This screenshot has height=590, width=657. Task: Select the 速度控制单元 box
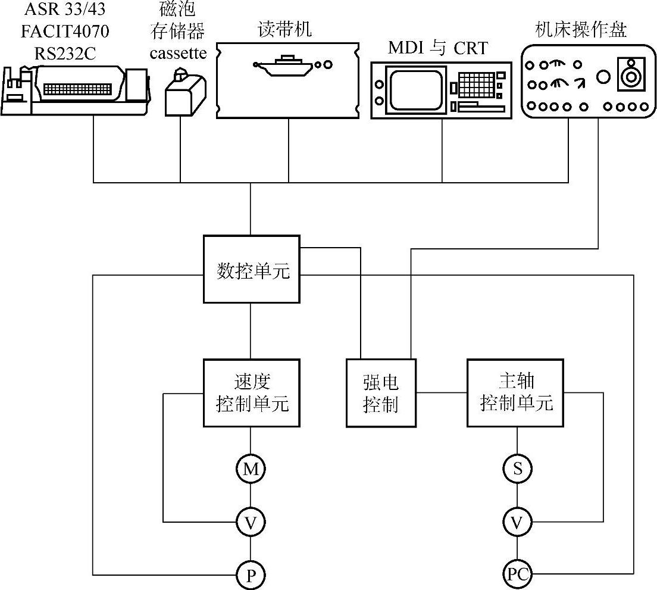tap(251, 393)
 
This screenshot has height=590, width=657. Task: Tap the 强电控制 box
tap(381, 393)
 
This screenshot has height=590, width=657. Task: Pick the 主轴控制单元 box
tap(516, 393)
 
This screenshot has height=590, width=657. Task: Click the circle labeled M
tap(251, 469)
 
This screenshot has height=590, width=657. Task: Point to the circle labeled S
tap(517, 469)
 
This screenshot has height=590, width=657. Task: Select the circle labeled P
tap(251, 575)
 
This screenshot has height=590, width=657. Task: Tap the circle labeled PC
tap(517, 575)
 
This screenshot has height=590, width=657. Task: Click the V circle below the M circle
tap(251, 523)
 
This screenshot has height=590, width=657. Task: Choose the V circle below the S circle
tap(517, 523)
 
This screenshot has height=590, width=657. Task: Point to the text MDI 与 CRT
tap(437, 48)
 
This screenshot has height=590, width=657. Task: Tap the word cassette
tap(179, 54)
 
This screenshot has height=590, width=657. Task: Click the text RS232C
tap(65, 55)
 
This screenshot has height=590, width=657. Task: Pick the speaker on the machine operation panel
tap(629, 75)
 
